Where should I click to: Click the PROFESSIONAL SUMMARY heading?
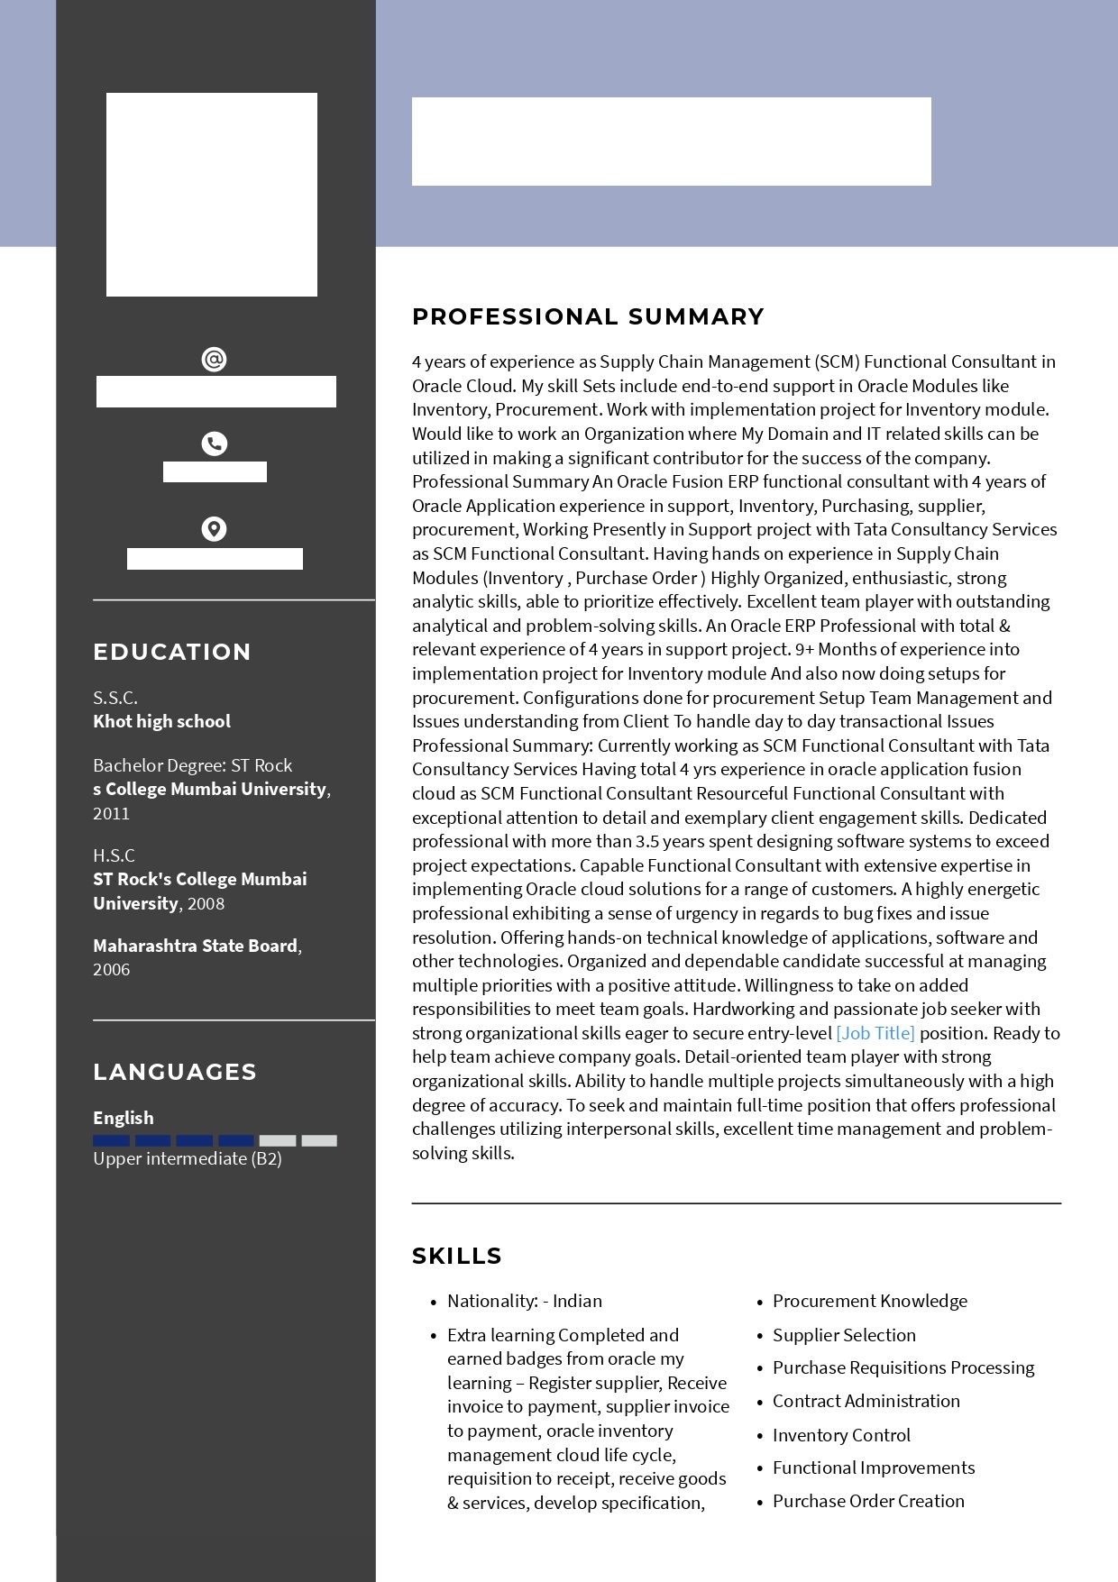588,317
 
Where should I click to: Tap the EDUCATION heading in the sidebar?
172,652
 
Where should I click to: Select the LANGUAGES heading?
175,1072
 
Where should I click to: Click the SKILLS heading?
457,1256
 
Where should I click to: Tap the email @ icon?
214,360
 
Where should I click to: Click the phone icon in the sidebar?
214,444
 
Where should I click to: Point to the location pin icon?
214,528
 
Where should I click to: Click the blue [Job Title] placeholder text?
875,1033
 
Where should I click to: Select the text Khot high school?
161,721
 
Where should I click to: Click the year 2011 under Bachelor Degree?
111,813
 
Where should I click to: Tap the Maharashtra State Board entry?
195,946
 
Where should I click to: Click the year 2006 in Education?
111,970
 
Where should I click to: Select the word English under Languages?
124,1118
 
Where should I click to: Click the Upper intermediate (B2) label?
188,1159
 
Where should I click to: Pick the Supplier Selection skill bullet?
844,1335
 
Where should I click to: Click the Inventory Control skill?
841,1435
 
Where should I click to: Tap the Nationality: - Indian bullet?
525,1301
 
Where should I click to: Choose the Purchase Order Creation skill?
868,1501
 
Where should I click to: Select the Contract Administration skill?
866,1401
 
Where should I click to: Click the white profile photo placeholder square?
212,195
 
